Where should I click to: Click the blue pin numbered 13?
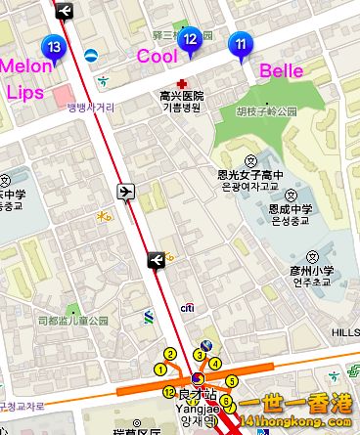55,47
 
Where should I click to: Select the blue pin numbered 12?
192,40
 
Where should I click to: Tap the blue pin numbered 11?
241,44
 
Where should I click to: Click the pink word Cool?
157,56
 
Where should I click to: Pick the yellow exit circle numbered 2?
170,354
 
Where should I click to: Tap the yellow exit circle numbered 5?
232,380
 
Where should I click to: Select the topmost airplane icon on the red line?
65,11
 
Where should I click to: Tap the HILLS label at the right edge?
346,332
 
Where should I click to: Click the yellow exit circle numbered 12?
168,392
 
